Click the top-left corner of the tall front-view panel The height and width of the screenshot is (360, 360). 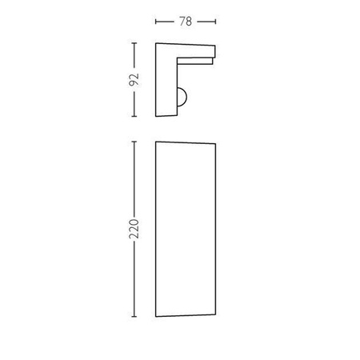pos(155,142)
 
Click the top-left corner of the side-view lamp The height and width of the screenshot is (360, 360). pos(155,43)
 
